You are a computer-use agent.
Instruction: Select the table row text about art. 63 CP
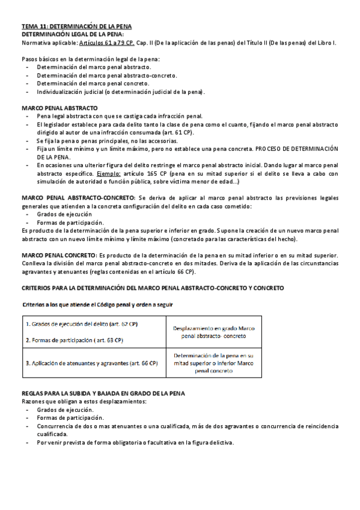click(75, 340)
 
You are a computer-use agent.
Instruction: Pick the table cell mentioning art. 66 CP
click(91, 363)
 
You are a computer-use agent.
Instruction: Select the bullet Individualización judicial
click(120, 92)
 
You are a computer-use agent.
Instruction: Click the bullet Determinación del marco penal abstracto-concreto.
click(106, 76)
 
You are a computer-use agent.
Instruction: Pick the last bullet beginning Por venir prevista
click(135, 443)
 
